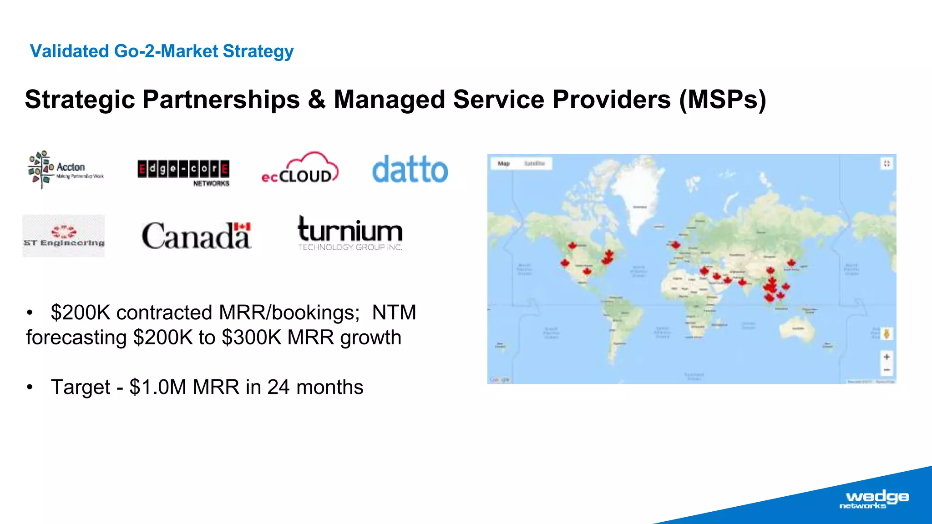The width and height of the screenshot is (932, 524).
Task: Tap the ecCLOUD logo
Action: click(x=300, y=168)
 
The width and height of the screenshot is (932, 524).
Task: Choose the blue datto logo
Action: click(x=410, y=169)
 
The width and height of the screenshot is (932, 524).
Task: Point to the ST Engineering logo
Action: click(x=64, y=236)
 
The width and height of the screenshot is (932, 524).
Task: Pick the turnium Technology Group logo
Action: click(x=350, y=233)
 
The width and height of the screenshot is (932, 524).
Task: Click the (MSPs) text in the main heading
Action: click(x=723, y=99)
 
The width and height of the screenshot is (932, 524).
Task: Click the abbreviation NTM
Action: click(x=394, y=312)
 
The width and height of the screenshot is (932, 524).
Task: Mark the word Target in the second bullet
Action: click(x=81, y=387)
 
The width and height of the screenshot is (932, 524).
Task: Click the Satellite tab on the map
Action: click(x=534, y=163)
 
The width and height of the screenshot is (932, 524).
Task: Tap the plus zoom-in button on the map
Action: click(x=886, y=357)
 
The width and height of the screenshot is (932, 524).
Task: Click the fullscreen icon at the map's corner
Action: click(x=886, y=163)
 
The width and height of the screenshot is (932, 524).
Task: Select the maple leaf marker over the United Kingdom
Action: click(x=676, y=245)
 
